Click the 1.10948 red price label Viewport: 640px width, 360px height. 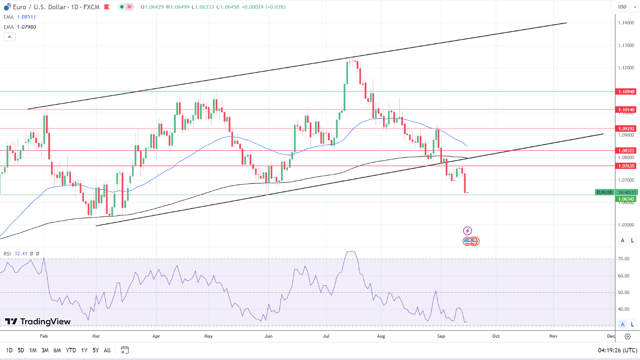pos(626,92)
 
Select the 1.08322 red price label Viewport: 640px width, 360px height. pos(626,151)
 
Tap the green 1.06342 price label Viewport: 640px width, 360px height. pos(626,199)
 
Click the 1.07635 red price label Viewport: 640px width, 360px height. pos(626,166)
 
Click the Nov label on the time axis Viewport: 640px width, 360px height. pos(553,336)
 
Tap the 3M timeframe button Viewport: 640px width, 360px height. pos(45,350)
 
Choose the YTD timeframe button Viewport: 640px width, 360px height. pos(71,350)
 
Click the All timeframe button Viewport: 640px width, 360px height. pos(107,350)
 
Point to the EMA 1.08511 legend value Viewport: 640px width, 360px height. pos(26,17)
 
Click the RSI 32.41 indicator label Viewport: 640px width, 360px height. pos(15,254)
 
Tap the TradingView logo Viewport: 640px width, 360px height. pos(38,321)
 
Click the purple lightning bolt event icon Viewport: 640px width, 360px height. pos(467,231)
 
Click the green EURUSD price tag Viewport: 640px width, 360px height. pos(604,192)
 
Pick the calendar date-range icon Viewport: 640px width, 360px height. pos(124,350)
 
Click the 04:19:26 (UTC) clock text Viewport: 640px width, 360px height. pos(611,350)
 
